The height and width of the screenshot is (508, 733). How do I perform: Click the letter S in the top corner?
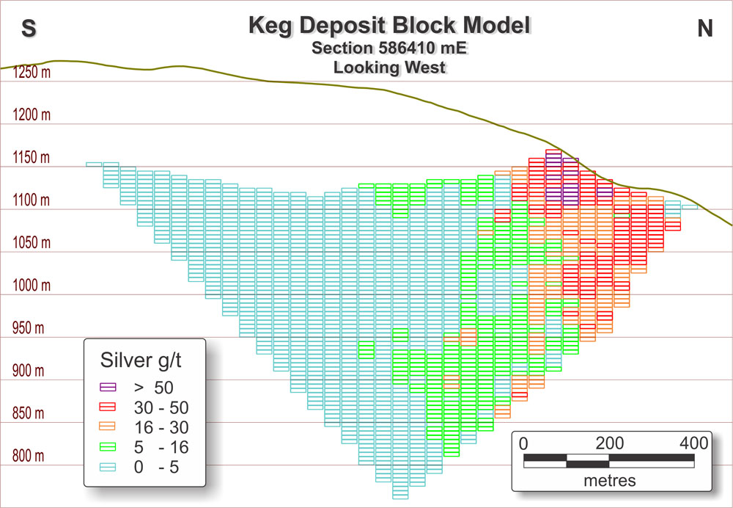click(29, 28)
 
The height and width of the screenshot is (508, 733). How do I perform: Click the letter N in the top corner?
click(704, 28)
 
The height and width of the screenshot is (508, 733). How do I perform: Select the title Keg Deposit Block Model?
click(389, 26)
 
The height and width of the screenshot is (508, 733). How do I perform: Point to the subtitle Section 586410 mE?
click(389, 48)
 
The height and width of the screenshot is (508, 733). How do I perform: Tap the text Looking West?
click(389, 68)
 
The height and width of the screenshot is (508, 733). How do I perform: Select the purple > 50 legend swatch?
click(109, 386)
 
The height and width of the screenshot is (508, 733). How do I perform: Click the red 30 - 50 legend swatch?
click(109, 406)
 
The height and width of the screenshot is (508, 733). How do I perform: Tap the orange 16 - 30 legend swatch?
click(109, 426)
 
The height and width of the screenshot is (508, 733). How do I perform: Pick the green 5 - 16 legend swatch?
click(109, 446)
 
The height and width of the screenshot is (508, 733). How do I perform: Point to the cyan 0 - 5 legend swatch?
click(109, 466)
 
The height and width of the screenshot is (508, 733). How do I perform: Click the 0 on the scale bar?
click(523, 443)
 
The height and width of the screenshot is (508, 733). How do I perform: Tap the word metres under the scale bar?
click(610, 481)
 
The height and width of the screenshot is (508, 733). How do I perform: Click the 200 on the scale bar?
click(609, 443)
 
